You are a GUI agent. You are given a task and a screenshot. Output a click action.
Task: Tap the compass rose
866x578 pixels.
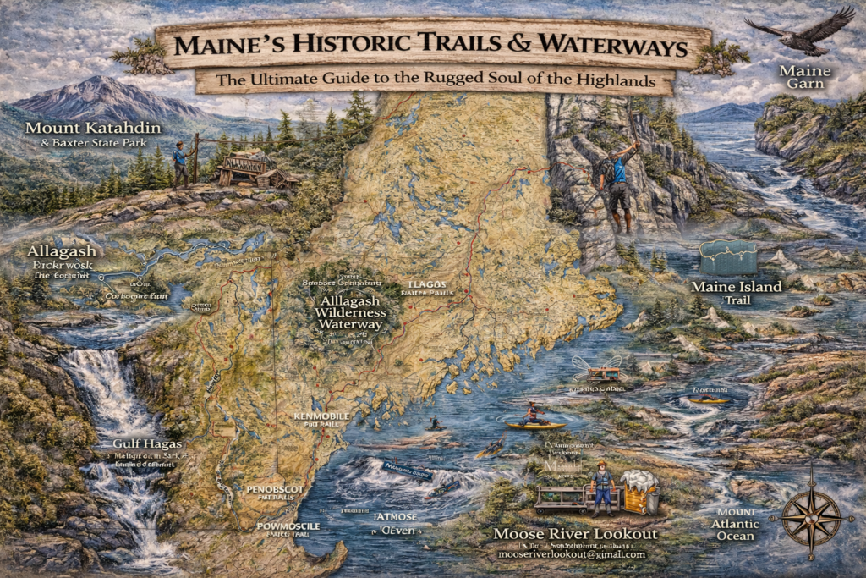tap(811, 515)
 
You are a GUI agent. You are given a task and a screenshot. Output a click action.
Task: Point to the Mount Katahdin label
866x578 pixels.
tap(86, 129)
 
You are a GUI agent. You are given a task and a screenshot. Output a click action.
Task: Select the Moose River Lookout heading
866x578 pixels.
tap(575, 534)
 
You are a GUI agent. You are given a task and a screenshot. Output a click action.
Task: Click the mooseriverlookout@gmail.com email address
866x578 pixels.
tap(572, 554)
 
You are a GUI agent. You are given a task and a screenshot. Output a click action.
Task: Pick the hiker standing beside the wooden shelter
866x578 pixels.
tap(179, 164)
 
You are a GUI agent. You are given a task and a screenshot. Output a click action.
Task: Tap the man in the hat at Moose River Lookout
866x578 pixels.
tap(602, 487)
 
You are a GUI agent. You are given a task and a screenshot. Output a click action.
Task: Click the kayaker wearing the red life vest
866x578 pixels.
tap(534, 414)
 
